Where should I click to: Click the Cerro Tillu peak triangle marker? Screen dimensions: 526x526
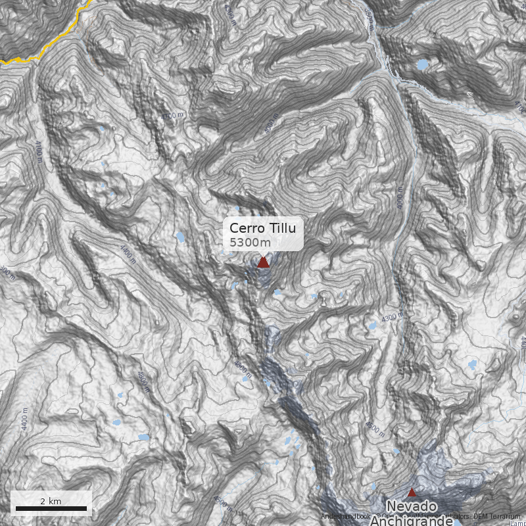tap(263, 262)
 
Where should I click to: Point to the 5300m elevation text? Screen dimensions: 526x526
tap(250, 243)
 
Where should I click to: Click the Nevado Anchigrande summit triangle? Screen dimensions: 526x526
tap(412, 492)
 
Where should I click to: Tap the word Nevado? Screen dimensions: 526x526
tap(412, 506)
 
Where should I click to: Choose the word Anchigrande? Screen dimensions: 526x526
tap(412, 521)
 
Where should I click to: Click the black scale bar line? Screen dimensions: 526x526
tap(51, 508)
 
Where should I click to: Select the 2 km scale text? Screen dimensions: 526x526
tap(51, 501)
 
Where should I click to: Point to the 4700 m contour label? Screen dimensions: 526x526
tap(173, 116)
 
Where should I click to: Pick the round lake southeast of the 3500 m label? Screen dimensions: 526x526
tap(421, 64)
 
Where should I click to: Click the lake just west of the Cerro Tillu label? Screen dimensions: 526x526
tap(180, 237)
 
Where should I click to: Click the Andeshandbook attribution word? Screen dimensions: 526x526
tap(346, 517)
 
